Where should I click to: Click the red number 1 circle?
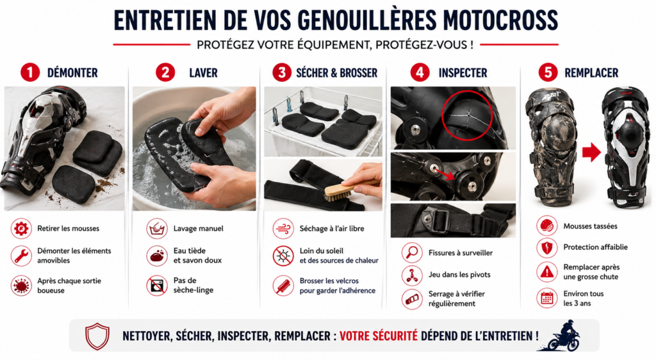pos(29,72)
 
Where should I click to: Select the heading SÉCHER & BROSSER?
pos(337,72)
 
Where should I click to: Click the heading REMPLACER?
pos(591,72)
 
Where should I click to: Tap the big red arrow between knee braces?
pos(591,152)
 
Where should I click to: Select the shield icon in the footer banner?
pos(97,336)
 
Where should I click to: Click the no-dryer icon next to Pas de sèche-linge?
pos(156,285)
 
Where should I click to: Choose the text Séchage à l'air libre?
pos(329,228)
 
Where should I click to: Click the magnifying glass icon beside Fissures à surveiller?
pos(411,252)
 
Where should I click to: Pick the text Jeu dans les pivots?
pos(459,275)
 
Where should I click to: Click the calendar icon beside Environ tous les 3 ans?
pos(546,298)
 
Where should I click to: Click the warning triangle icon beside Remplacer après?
pos(546,272)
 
